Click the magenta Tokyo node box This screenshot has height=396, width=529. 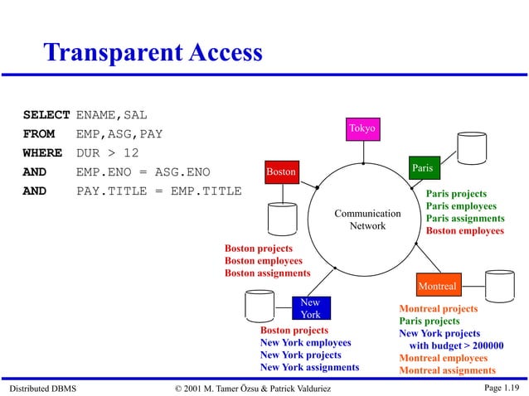pos(362,128)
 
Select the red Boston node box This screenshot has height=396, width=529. pos(281,171)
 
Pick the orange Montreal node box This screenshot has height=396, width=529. pos(437,286)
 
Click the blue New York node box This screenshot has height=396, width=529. pos(311,308)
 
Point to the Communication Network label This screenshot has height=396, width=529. pos(367,220)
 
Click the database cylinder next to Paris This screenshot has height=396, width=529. pos(472,147)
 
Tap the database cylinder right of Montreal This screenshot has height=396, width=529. pos(499,286)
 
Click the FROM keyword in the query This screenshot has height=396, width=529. pos(39,133)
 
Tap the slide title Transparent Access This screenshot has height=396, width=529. pos(153,53)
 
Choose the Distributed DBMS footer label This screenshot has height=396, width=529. pos(41,388)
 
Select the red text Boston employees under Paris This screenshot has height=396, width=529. pos(465,230)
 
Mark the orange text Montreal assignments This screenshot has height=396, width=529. pos(447,370)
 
